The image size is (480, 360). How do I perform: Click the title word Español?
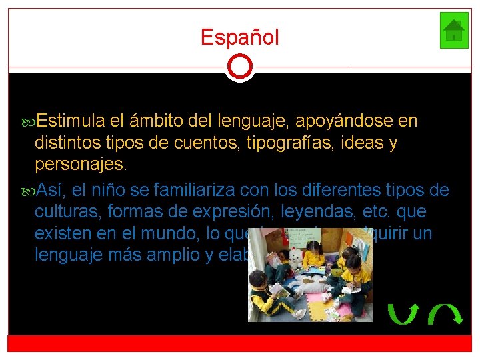pyautogui.click(x=240, y=37)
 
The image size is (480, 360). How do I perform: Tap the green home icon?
pyautogui.click(x=454, y=31)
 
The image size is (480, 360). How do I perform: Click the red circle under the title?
pyautogui.click(x=240, y=67)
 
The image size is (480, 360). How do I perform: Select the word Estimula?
pyautogui.click(x=71, y=121)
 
